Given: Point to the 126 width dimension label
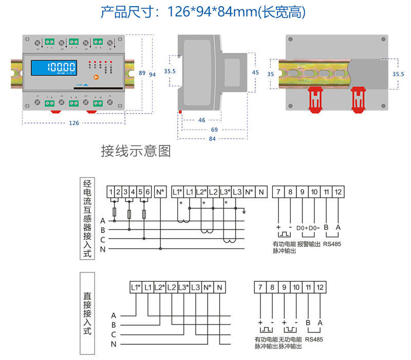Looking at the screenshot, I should [74, 123].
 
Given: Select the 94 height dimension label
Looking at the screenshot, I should [152, 75].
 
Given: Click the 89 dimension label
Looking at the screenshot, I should [142, 73].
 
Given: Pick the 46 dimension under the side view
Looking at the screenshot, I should [201, 120].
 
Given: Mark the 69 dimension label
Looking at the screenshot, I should [214, 130].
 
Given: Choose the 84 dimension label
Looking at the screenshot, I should [212, 139].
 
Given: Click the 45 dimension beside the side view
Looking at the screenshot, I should [255, 73].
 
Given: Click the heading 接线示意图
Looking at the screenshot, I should [136, 151].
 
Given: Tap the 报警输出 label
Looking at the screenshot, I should [309, 244].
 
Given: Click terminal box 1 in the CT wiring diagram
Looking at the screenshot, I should [111, 192].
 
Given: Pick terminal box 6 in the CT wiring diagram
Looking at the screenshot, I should [147, 192].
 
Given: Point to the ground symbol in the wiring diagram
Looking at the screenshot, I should [245, 211].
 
